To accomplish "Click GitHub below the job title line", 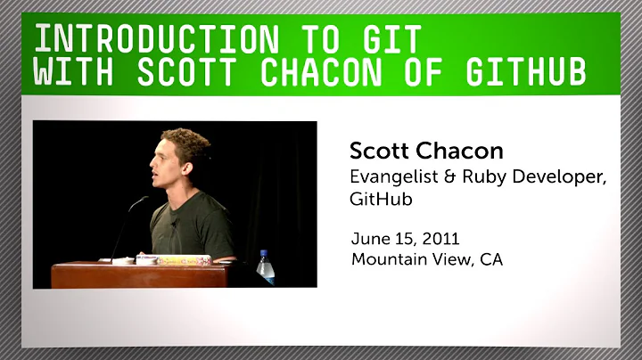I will [377, 202].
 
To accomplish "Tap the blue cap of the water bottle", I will [265, 253].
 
